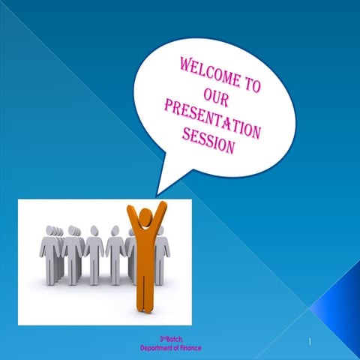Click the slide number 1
click(x=309, y=342)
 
